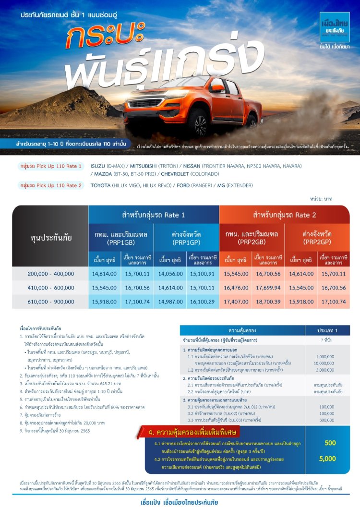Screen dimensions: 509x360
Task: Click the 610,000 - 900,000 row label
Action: [x=50, y=302]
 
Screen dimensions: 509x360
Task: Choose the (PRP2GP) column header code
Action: [x=317, y=242]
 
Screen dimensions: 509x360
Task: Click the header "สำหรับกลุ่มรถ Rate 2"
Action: [x=285, y=215]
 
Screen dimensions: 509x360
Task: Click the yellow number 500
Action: [x=330, y=443]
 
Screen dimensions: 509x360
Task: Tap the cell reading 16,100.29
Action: [x=203, y=302]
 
